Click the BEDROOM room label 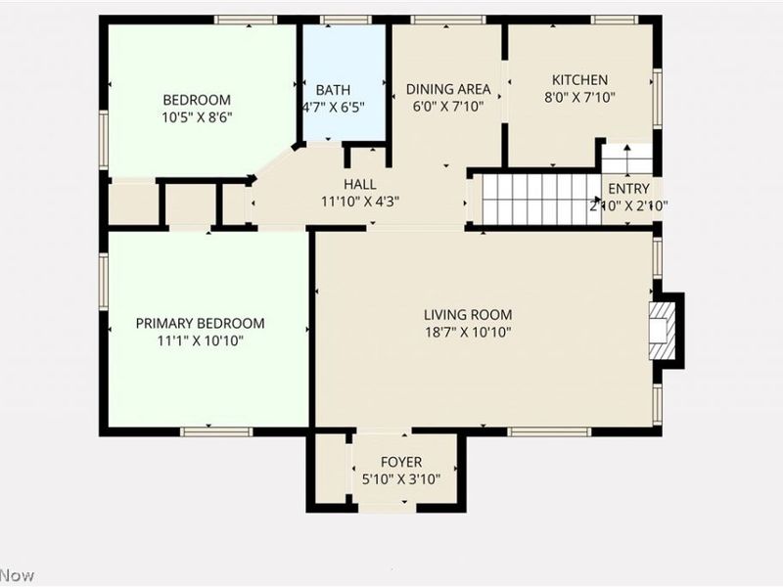pyautogui.click(x=197, y=100)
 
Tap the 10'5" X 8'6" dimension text pyautogui.click(x=197, y=117)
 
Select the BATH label pyautogui.click(x=332, y=90)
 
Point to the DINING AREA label pyautogui.click(x=448, y=90)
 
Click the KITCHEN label pyautogui.click(x=579, y=80)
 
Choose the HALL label pyautogui.click(x=359, y=184)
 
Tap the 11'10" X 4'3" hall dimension pyautogui.click(x=359, y=202)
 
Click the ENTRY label pyautogui.click(x=627, y=189)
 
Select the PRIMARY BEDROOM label pyautogui.click(x=200, y=324)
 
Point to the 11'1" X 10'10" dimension pyautogui.click(x=200, y=341)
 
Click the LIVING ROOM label pyautogui.click(x=468, y=315)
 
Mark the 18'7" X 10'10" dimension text pyautogui.click(x=468, y=333)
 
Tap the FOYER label pyautogui.click(x=401, y=462)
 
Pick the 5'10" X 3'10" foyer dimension pyautogui.click(x=401, y=479)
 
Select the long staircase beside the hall pyautogui.click(x=538, y=200)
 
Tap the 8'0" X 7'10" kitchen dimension pyautogui.click(x=579, y=98)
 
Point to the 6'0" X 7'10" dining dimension pyautogui.click(x=448, y=108)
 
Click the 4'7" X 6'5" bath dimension pyautogui.click(x=332, y=108)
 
